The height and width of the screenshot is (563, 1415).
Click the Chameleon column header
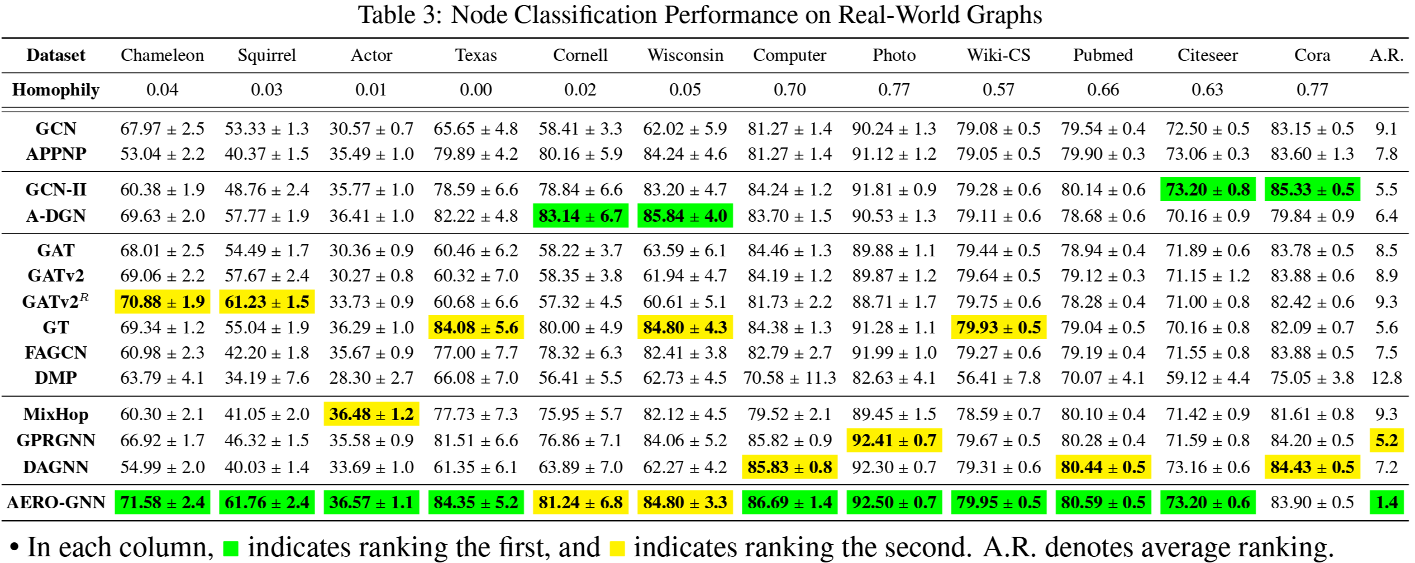click(162, 55)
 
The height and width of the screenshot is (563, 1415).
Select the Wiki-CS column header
click(998, 55)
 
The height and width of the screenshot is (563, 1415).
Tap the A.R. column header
click(1387, 55)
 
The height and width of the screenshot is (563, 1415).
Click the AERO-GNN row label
click(56, 502)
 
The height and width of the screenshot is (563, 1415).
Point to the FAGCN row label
click(56, 353)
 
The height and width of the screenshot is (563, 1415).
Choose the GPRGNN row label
click(56, 441)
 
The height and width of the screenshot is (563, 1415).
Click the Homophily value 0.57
click(998, 90)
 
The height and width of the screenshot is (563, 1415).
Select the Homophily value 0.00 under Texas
click(476, 90)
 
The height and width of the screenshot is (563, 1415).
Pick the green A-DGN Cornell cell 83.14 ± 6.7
click(580, 216)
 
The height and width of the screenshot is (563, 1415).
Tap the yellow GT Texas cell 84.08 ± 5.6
click(476, 328)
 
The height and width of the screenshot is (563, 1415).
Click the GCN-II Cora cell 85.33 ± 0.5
click(1312, 190)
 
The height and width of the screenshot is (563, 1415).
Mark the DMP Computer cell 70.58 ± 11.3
click(789, 378)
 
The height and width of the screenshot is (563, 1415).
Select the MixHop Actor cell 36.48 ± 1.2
click(371, 414)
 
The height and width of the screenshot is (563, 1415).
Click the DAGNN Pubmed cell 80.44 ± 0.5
click(1103, 467)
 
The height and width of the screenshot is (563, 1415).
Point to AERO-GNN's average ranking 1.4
click(1387, 502)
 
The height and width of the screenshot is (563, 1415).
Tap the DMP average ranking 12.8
click(1387, 378)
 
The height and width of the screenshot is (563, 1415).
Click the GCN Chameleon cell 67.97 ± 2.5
click(162, 129)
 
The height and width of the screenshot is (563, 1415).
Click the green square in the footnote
click(231, 548)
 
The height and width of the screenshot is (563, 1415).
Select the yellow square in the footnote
click(617, 548)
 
